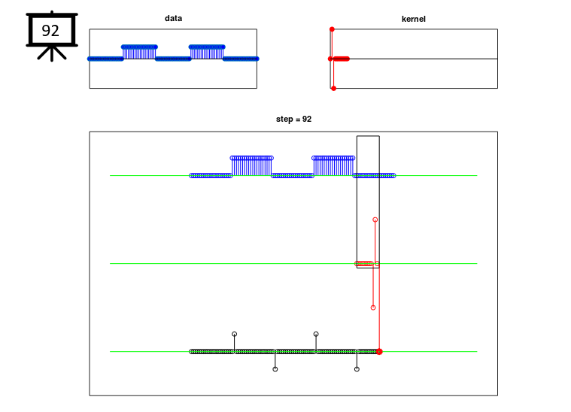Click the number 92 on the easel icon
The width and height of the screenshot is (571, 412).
click(x=50, y=31)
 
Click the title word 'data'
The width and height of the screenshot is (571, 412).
click(x=173, y=18)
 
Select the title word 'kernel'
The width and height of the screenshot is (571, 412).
click(x=413, y=19)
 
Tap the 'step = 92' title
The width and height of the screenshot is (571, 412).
click(x=293, y=119)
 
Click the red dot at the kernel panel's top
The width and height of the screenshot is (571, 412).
click(x=332, y=29)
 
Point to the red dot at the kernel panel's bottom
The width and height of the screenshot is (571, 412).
click(x=333, y=89)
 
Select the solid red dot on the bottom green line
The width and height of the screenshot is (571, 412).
click(x=379, y=352)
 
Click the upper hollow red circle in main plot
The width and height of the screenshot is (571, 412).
click(x=375, y=220)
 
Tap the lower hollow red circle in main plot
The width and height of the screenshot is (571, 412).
click(x=373, y=307)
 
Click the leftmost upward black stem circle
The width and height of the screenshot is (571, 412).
click(x=235, y=334)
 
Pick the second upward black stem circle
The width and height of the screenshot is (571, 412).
click(x=316, y=334)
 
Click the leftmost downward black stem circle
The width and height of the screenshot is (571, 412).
click(x=275, y=369)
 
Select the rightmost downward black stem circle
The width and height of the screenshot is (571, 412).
click(x=357, y=369)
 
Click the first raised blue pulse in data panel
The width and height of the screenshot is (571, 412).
click(x=139, y=52)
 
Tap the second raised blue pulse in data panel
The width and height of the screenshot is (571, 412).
click(x=207, y=52)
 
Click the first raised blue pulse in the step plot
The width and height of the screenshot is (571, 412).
click(x=251, y=166)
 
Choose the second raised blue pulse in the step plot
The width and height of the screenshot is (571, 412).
click(x=333, y=166)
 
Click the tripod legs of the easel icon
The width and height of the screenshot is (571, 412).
click(x=52, y=53)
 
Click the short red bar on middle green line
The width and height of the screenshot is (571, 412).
click(x=364, y=263)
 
